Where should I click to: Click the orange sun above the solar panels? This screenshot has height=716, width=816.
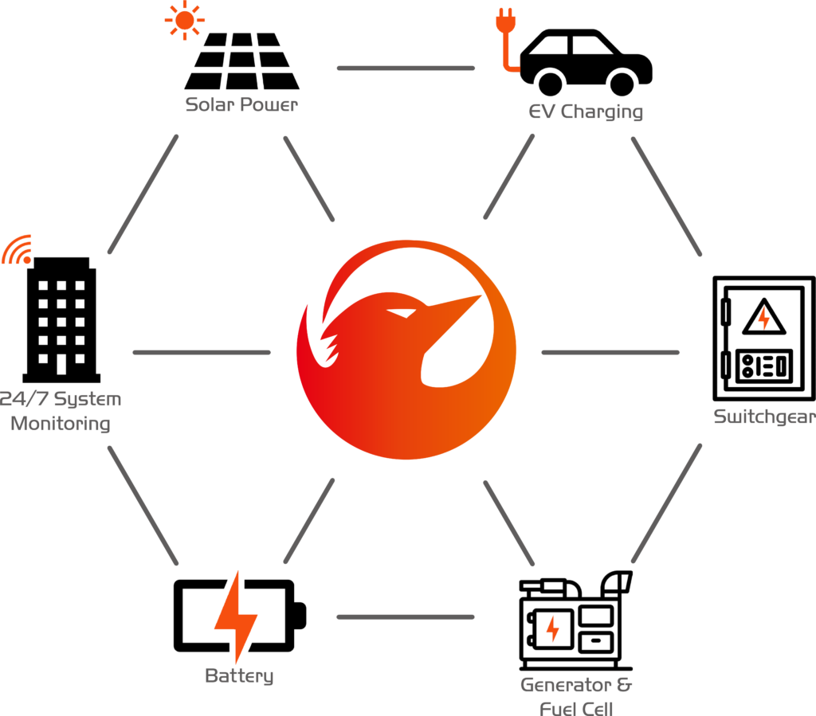pyautogui.click(x=185, y=20)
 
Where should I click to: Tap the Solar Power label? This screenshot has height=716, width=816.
pyautogui.click(x=241, y=104)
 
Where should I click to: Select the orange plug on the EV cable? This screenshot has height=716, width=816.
pyautogui.click(x=505, y=22)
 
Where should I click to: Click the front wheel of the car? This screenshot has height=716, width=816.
pyautogui.click(x=622, y=83)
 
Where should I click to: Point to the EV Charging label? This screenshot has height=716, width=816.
pyautogui.click(x=586, y=112)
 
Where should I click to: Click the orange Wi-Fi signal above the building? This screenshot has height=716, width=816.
pyautogui.click(x=18, y=249)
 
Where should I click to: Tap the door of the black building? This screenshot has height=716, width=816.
pyautogui.click(x=61, y=363)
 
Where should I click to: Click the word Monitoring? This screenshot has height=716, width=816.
pyautogui.click(x=61, y=423)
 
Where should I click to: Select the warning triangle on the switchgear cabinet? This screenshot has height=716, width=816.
pyautogui.click(x=763, y=317)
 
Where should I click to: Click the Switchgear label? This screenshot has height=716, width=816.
pyautogui.click(x=764, y=417)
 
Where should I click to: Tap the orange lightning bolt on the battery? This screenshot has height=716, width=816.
pyautogui.click(x=236, y=616)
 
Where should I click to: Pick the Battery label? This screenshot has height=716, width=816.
pyautogui.click(x=239, y=675)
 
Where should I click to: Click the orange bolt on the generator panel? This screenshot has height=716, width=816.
pyautogui.click(x=553, y=628)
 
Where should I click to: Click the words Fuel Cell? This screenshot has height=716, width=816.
pyautogui.click(x=576, y=709)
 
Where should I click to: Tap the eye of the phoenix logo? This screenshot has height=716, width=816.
pyautogui.click(x=402, y=313)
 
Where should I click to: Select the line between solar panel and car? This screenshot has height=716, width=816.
pyautogui.click(x=406, y=68)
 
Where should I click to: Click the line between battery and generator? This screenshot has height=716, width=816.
pyautogui.click(x=406, y=617)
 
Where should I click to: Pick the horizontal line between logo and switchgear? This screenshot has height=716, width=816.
pyautogui.click(x=610, y=353)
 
